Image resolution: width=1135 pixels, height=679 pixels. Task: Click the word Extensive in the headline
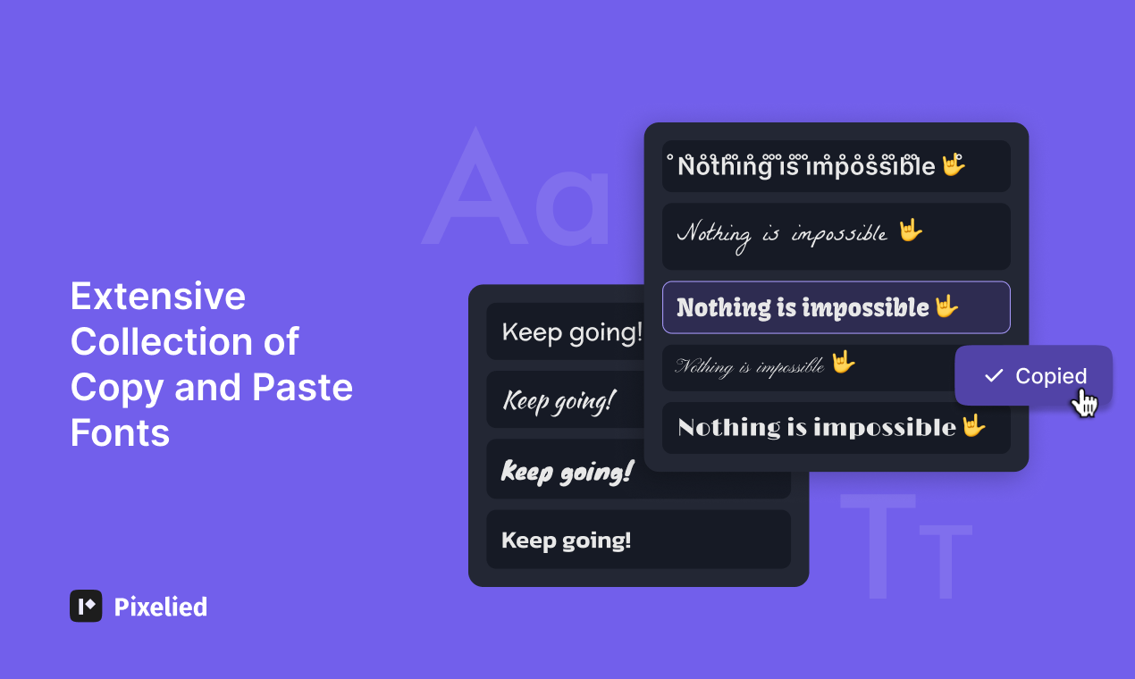(x=158, y=296)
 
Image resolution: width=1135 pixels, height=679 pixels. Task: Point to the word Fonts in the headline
(x=120, y=433)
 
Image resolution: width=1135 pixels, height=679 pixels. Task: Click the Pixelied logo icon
(x=86, y=606)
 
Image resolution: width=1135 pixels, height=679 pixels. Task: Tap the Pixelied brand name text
(x=161, y=607)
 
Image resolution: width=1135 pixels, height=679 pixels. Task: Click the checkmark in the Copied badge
(x=993, y=376)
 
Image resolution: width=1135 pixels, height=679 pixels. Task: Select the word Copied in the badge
(x=1051, y=376)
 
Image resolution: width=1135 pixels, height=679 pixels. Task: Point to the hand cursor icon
(x=1084, y=403)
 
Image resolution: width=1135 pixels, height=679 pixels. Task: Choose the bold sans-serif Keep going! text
(x=567, y=540)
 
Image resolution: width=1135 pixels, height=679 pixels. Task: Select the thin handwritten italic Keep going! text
(x=559, y=400)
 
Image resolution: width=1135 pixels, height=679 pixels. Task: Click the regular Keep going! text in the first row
(x=572, y=332)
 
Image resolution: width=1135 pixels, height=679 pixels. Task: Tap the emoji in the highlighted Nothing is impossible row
(x=946, y=307)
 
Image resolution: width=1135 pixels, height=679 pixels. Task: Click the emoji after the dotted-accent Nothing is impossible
(x=954, y=165)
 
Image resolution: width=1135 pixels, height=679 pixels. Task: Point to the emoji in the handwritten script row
(x=910, y=231)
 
